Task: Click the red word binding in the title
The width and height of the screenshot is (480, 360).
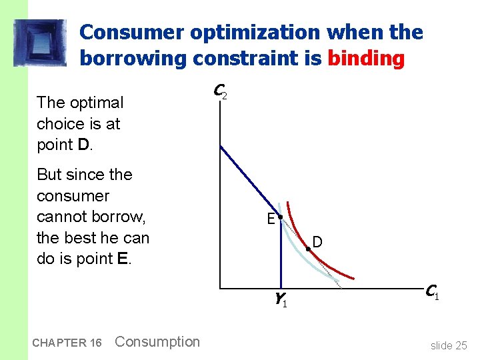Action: pos(366,59)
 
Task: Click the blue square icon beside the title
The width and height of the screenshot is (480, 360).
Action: pos(39,43)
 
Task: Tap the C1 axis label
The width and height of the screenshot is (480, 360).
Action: pos(431,291)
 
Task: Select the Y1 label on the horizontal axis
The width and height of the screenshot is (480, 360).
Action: pos(280,301)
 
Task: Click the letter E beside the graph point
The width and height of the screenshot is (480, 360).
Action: pos(271,219)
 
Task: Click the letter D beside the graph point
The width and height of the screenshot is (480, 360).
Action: pos(317,242)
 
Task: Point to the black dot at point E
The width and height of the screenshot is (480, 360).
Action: pos(281,218)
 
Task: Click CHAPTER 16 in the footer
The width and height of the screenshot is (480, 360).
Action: pos(66,343)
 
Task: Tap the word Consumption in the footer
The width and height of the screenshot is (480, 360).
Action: pos(157,342)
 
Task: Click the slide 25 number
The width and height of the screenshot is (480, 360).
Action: pos(449,345)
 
